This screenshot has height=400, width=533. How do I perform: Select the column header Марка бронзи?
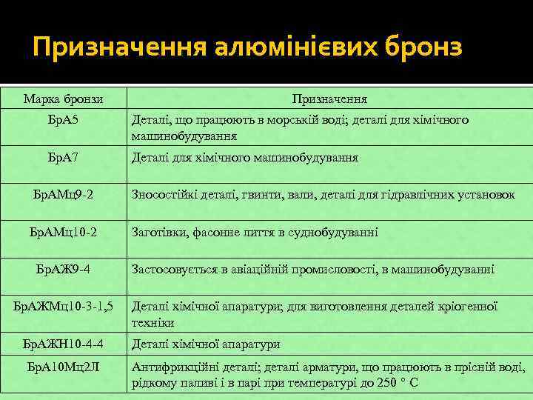coord(63,99)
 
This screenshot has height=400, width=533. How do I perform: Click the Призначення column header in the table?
coord(329,99)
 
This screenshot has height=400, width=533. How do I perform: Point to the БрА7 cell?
coord(63,158)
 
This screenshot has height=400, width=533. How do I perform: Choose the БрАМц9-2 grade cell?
coord(63,195)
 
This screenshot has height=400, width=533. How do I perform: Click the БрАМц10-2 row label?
coord(63,232)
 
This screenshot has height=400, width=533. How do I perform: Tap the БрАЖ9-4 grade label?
coord(63,268)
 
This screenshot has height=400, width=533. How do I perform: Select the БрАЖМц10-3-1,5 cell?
coord(63,305)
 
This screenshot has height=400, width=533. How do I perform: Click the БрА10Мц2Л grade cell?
coord(63,367)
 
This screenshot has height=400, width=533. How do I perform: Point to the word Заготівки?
coord(158,232)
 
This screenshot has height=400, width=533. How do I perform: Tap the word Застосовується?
coord(173,269)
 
